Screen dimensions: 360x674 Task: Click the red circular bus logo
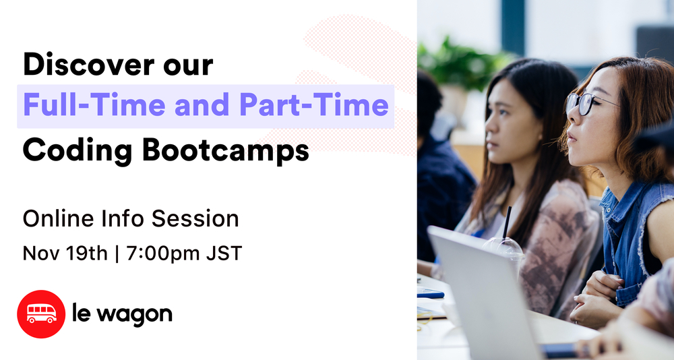[x=41, y=313]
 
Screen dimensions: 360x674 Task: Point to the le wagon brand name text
[x=121, y=313]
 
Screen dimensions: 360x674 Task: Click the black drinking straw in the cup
[x=506, y=222]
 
